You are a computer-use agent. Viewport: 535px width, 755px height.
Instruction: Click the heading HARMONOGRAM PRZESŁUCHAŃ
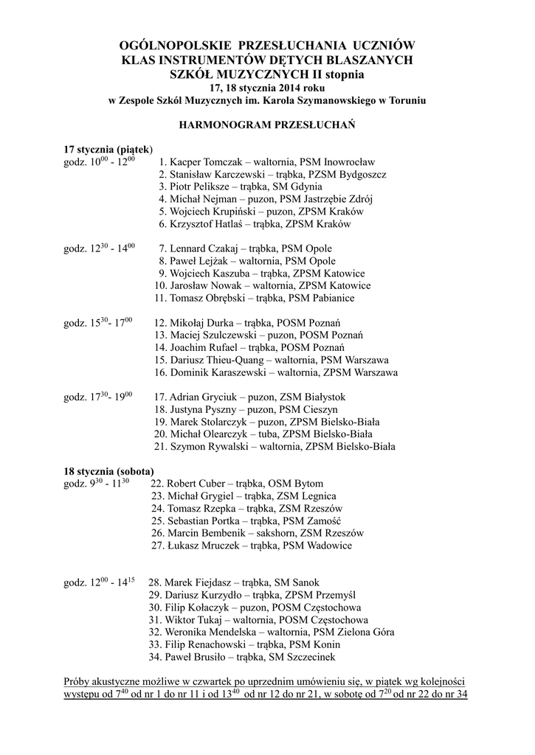267,125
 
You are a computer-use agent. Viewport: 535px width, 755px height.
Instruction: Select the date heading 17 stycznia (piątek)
108,148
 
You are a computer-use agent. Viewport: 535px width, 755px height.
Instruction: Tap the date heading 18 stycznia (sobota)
108,470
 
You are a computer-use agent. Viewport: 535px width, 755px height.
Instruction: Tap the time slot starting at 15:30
98,323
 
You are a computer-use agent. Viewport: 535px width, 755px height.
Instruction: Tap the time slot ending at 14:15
100,582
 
